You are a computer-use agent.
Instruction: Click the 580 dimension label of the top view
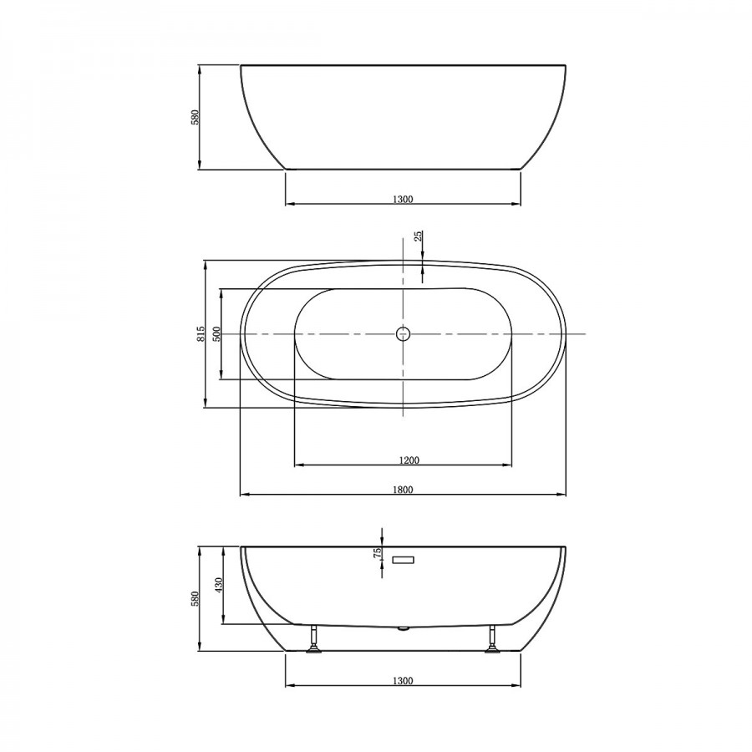[196, 118]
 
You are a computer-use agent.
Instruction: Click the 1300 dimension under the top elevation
[403, 200]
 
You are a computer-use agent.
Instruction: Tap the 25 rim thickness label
[419, 236]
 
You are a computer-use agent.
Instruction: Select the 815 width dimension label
[201, 333]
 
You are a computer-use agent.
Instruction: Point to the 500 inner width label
[216, 333]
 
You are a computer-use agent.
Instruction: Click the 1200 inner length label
[409, 460]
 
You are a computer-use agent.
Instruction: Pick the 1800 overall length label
[403, 490]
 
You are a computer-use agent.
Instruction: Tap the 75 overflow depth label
[378, 552]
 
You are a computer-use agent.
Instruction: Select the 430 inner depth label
[218, 585]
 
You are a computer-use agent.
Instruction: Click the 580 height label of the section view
[195, 598]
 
